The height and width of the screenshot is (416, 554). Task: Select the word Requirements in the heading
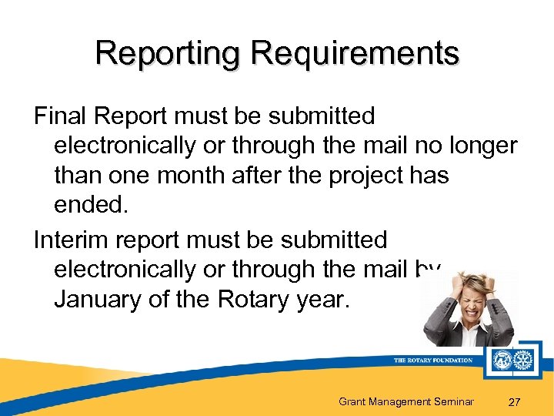[x=355, y=54]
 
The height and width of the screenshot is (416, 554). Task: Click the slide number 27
[x=516, y=401]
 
